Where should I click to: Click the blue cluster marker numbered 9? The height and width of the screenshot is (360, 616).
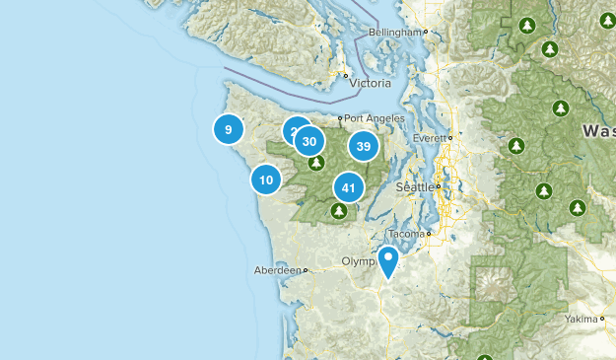tap(228, 128)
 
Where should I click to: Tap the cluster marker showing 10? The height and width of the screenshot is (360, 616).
tap(265, 180)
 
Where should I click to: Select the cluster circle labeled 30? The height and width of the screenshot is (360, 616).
tap(309, 141)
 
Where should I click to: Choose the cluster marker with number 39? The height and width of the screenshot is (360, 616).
tap(364, 146)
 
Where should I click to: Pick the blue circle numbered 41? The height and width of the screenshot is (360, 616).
tap(348, 186)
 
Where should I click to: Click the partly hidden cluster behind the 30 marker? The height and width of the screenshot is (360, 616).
tap(293, 130)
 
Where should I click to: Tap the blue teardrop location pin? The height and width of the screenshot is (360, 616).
tap(388, 261)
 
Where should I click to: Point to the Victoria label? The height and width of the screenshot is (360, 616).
tap(370, 83)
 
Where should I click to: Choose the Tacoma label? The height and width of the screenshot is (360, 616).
tap(407, 234)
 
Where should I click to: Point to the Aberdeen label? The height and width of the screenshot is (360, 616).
tap(278, 269)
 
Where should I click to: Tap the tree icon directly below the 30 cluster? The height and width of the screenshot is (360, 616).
tap(316, 163)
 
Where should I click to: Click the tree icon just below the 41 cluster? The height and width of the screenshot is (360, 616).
tap(339, 210)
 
